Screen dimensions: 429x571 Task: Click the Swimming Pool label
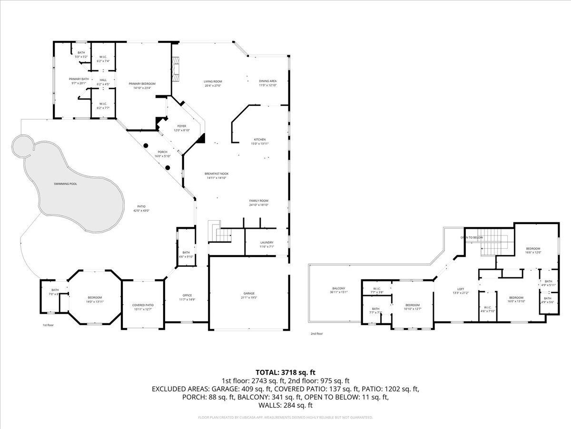click(65, 184)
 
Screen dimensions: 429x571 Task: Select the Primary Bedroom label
click(142, 83)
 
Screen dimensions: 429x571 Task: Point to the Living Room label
click(213, 82)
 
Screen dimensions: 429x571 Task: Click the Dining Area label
click(267, 81)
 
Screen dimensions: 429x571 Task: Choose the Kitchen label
click(260, 140)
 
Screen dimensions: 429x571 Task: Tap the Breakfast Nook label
click(217, 174)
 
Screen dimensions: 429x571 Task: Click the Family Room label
click(259, 201)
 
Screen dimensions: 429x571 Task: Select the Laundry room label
click(266, 242)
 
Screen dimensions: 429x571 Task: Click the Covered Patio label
click(143, 305)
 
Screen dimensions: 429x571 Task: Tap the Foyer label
click(182, 126)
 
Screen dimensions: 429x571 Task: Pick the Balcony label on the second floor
click(338, 289)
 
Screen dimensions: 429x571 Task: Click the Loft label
click(461, 289)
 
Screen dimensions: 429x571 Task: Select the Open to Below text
click(472, 237)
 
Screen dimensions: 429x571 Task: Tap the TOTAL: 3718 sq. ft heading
click(285, 372)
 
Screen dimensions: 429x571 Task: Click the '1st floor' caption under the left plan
click(48, 325)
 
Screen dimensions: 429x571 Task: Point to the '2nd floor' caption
click(316, 334)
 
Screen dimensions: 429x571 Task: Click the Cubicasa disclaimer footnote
click(285, 417)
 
